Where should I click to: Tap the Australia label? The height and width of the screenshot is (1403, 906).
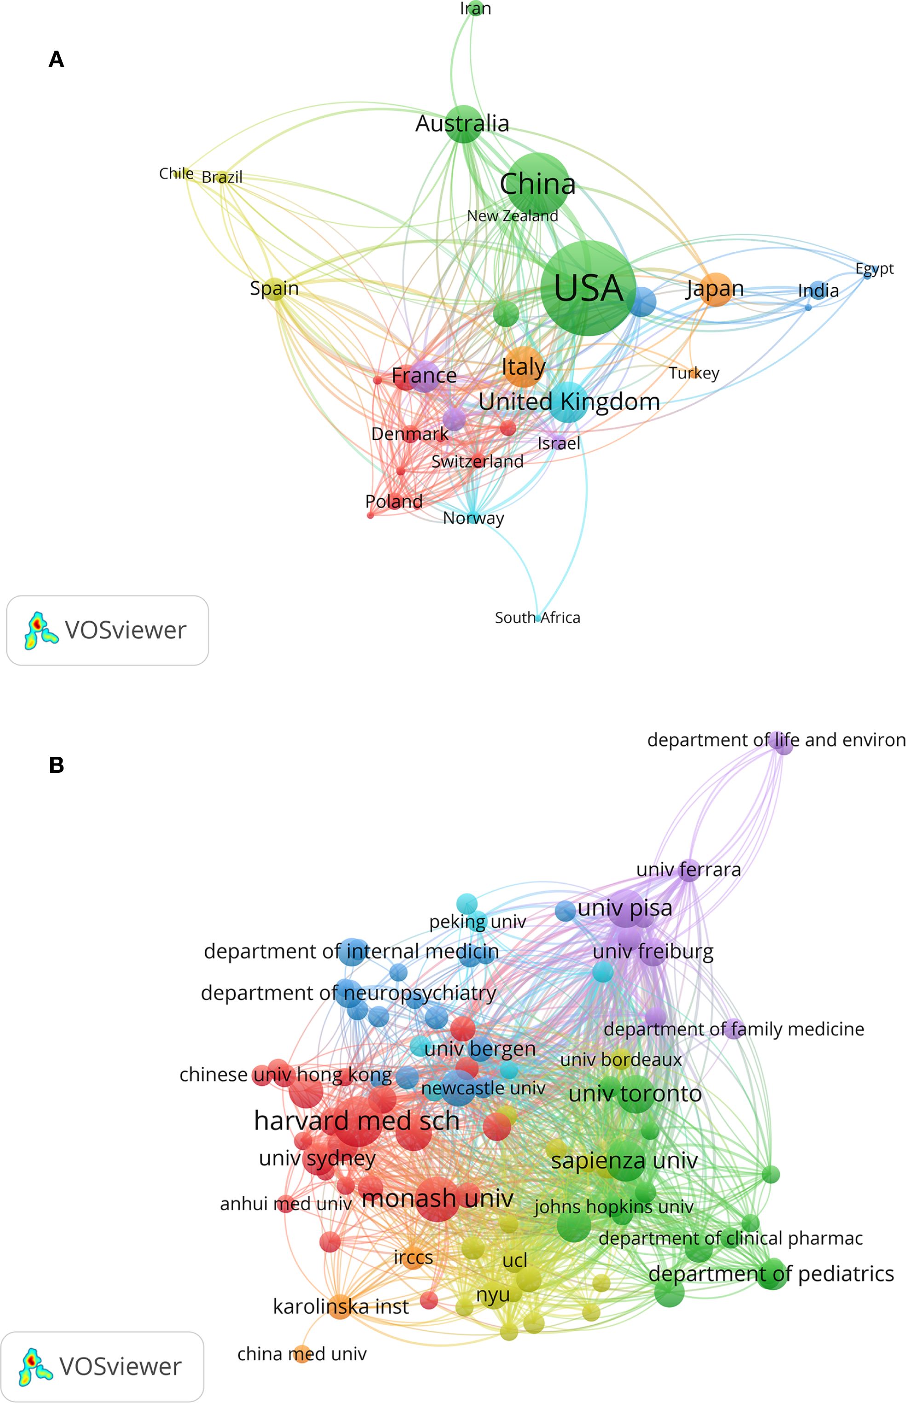pyautogui.click(x=462, y=123)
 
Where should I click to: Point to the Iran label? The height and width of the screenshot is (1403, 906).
pyautogui.click(x=475, y=8)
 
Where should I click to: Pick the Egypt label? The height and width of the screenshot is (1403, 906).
pyautogui.click(x=874, y=269)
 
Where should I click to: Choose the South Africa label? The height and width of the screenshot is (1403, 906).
pyautogui.click(x=537, y=617)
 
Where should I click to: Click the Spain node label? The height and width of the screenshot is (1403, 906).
pyautogui.click(x=274, y=288)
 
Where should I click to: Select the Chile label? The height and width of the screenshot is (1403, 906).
pyautogui.click(x=176, y=174)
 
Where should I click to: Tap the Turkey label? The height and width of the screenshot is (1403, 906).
pyautogui.click(x=693, y=373)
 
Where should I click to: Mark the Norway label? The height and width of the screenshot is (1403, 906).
pyautogui.click(x=473, y=518)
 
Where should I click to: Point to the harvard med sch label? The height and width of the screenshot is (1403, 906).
pyautogui.click(x=357, y=1120)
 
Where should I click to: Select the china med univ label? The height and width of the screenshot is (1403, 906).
pyautogui.click(x=302, y=1354)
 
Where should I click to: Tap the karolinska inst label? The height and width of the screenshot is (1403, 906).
pyautogui.click(x=340, y=1306)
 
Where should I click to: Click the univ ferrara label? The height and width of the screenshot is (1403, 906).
pyautogui.click(x=688, y=869)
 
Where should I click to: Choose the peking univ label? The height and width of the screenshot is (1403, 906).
pyautogui.click(x=477, y=921)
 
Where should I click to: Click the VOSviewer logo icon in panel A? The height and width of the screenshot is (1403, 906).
pyautogui.click(x=40, y=630)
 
